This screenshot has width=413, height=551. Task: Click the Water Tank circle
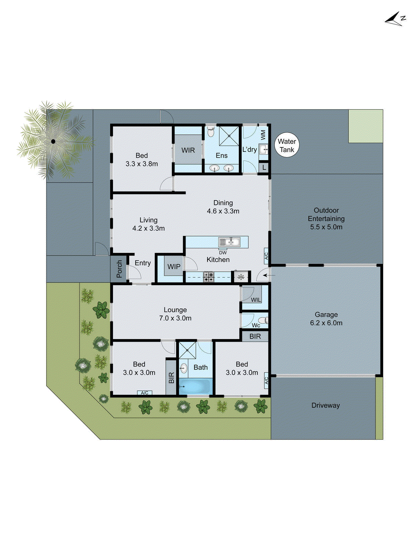click(x=287, y=145)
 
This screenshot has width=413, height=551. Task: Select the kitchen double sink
click(x=230, y=242)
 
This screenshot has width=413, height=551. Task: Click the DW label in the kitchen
click(x=223, y=252)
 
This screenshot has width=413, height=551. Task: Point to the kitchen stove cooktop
click(x=209, y=277)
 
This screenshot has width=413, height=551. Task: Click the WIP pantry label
click(x=174, y=267)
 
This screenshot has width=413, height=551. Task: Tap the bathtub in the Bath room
click(x=195, y=386)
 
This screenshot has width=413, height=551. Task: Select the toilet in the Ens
click(x=211, y=132)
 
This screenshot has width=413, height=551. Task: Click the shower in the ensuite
click(x=229, y=136)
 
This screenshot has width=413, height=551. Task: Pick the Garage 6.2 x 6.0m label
click(x=326, y=319)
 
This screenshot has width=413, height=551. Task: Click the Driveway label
click(x=325, y=405)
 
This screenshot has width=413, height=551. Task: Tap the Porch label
click(x=119, y=269)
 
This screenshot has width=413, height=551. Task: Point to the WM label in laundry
click(x=263, y=135)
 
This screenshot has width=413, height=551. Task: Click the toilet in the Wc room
click(x=263, y=320)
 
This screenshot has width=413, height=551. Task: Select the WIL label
click(x=256, y=300)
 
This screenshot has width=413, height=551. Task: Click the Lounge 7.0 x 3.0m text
click(x=175, y=314)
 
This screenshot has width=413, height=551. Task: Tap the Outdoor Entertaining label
click(x=326, y=218)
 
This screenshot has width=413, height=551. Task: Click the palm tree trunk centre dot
click(x=53, y=141)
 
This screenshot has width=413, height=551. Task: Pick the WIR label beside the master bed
click(x=188, y=150)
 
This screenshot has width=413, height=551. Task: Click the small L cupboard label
click(x=264, y=168)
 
